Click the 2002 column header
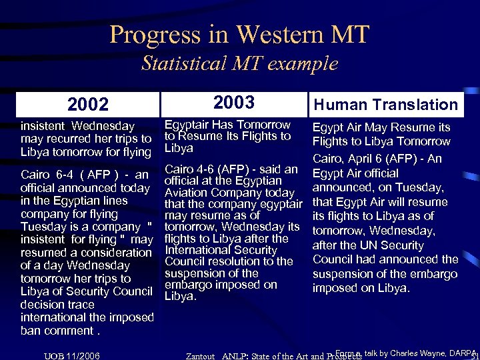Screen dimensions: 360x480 tap(87, 105)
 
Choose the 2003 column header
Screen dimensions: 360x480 tap(234, 102)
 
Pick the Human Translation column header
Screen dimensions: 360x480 tap(386, 104)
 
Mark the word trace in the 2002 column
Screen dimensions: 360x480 tap(81, 304)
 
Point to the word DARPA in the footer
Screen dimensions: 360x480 tap(462, 353)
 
